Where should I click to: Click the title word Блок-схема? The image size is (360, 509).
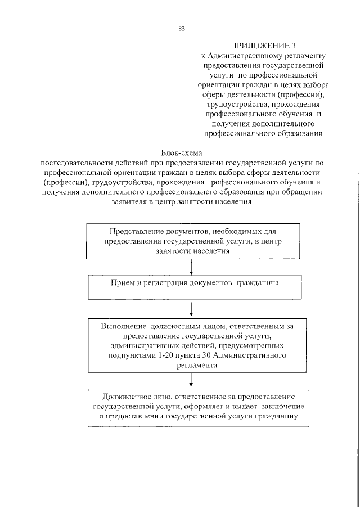[181, 152]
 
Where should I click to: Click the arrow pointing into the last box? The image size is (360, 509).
[192, 380]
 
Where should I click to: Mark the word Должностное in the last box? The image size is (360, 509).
[124, 397]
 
